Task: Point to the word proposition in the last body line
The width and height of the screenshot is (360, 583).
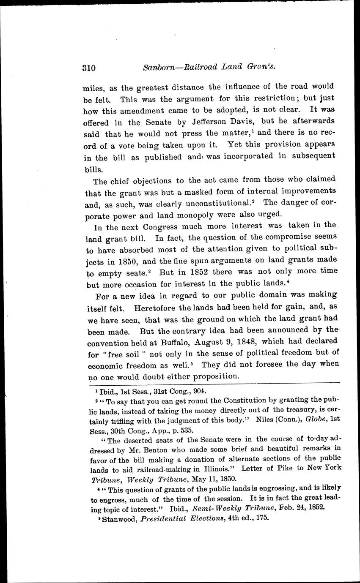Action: (x=216, y=376)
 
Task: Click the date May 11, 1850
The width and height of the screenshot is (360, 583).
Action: (x=215, y=479)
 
